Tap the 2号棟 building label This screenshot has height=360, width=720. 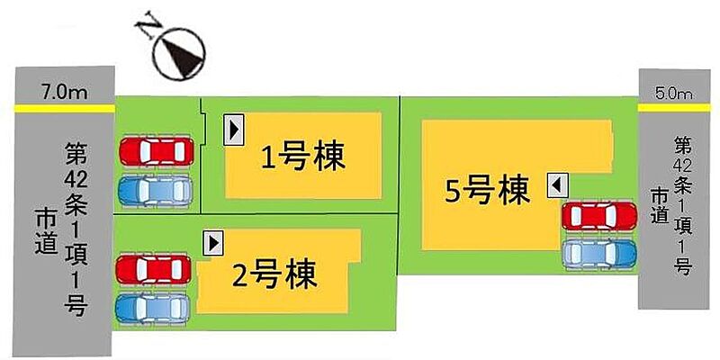coord(274,274)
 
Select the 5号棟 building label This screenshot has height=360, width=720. coord(487,191)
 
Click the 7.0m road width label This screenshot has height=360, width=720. coord(64,94)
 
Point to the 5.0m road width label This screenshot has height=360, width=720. coord(674,95)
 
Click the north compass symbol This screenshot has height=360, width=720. coord(179,52)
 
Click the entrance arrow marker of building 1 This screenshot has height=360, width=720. coord(233,130)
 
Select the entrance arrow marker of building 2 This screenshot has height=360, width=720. coord(213,243)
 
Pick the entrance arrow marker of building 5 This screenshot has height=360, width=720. coord(557,186)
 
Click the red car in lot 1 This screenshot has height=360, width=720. coord(157,151)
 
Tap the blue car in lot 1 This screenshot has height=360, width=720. coord(155,191)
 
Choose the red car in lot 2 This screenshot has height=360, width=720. coord(153,269)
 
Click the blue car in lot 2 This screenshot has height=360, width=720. coord(152,308)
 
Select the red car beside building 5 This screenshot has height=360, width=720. coord(599,216)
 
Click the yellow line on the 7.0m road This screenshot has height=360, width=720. coord(64,108)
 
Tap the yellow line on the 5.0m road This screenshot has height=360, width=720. coord(674,107)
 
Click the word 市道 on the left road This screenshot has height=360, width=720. coord(47,233)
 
